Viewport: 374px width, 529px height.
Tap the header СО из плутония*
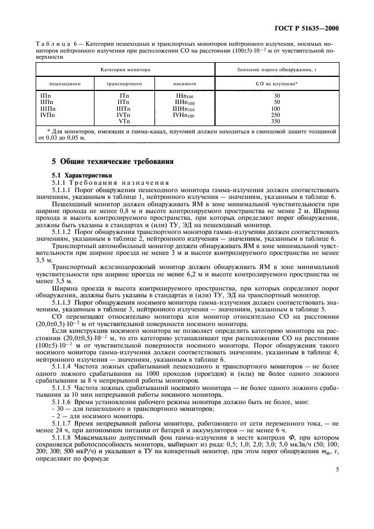276,83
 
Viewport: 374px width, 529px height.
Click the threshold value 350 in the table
276,121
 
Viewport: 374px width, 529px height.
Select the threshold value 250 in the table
276,115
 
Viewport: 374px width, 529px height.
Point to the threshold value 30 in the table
276,96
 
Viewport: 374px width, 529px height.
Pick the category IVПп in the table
48,115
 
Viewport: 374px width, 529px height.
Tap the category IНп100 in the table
184,97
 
